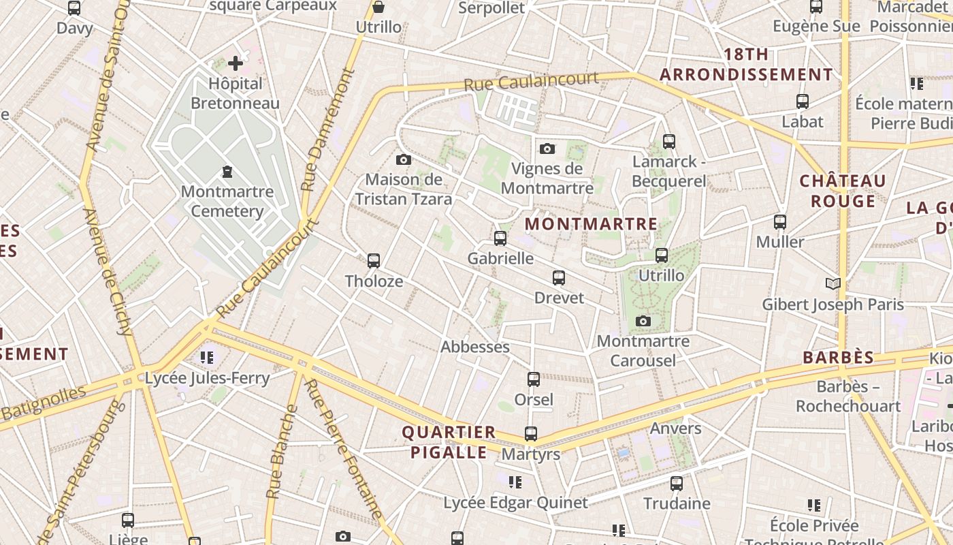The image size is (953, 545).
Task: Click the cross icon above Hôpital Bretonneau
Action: click(236, 64)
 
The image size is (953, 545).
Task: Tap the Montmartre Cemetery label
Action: click(227, 201)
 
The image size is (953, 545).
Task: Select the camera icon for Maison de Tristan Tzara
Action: click(404, 160)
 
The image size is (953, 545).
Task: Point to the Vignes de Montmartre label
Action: click(547, 178)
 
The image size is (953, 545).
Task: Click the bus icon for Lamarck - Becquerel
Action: click(669, 142)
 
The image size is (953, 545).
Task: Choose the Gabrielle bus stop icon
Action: click(500, 238)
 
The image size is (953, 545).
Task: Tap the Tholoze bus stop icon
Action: click(374, 261)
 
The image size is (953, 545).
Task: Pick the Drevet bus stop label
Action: click(559, 298)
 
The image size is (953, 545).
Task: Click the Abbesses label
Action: click(475, 347)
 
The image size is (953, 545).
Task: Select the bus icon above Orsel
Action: click(534, 379)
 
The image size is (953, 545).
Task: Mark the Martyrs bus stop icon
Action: click(530, 434)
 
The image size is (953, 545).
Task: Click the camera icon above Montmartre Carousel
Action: click(643, 322)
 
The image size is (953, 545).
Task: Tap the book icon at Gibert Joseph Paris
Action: click(833, 283)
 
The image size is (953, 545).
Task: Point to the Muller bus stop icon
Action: click(780, 222)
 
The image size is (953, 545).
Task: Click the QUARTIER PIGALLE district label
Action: click(449, 442)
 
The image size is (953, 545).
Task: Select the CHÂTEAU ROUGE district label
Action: click(843, 191)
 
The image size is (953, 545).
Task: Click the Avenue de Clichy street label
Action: click(108, 272)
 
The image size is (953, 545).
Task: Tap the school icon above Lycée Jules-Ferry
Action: click(207, 358)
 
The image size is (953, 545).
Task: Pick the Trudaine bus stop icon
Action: click(677, 484)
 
